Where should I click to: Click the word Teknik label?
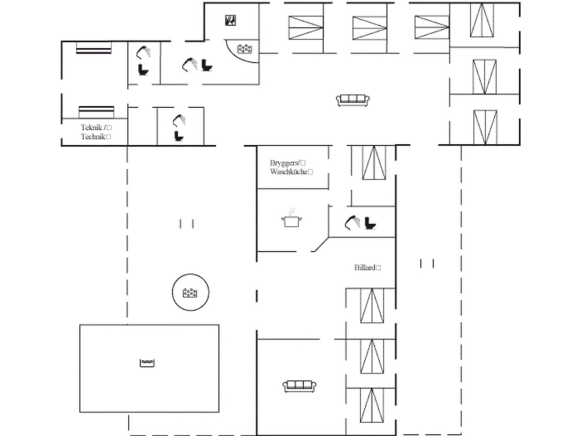pos(91,127)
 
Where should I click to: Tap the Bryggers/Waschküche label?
pos(291,167)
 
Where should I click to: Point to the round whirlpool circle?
pos(191,292)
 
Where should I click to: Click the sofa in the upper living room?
pos(353,100)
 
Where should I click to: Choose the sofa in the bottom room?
pos(299,386)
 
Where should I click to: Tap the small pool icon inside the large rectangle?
pos(147,363)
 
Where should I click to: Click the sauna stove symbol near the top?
pos(230,20)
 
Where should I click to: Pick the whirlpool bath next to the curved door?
pos(245,49)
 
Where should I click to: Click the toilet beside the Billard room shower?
pos(370,223)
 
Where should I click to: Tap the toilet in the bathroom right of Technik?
pos(179,136)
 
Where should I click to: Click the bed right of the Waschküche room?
pos(374,163)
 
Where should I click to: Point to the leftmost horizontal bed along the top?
pos(306,28)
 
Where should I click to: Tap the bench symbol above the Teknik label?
pos(96,112)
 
